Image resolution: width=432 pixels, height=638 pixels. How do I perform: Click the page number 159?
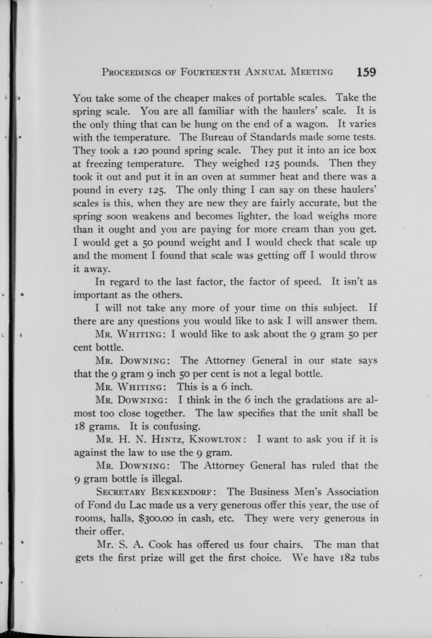click(366, 73)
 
